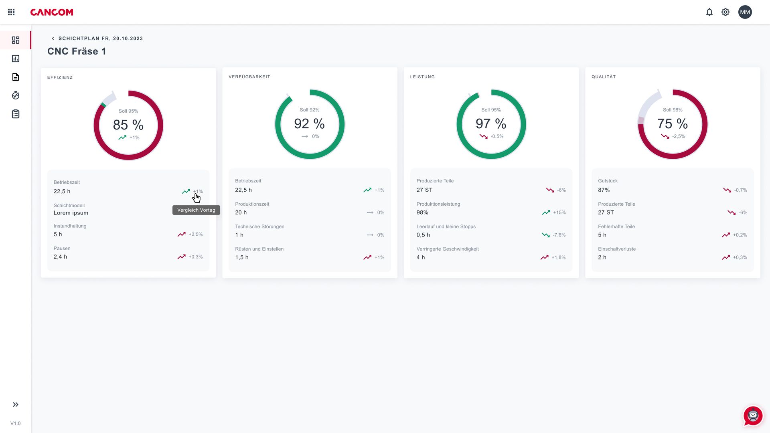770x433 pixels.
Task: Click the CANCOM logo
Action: (x=52, y=12)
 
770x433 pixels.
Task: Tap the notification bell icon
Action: (x=709, y=12)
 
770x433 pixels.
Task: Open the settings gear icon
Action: (x=725, y=12)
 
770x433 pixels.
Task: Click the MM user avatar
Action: (x=745, y=12)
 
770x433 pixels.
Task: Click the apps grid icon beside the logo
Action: (x=11, y=12)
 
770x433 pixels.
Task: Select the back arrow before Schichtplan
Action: (x=53, y=38)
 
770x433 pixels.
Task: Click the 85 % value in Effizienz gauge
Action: (x=128, y=125)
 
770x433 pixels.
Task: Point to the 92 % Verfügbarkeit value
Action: (x=310, y=124)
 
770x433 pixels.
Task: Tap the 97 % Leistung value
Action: (x=491, y=124)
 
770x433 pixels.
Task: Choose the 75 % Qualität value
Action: (x=673, y=124)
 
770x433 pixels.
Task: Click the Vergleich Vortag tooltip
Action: (x=196, y=210)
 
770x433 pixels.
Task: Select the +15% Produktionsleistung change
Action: (x=559, y=212)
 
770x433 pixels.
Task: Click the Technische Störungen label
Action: (x=259, y=227)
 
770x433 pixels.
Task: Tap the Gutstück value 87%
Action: (x=604, y=190)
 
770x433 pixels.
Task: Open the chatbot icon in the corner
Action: (x=753, y=416)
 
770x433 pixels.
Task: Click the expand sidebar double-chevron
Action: (x=16, y=405)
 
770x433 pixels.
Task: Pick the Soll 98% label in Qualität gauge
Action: (x=673, y=110)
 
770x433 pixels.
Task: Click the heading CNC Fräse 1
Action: (x=77, y=51)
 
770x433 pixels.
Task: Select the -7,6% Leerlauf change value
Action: (x=559, y=235)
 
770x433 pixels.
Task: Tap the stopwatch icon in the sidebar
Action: (x=16, y=95)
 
